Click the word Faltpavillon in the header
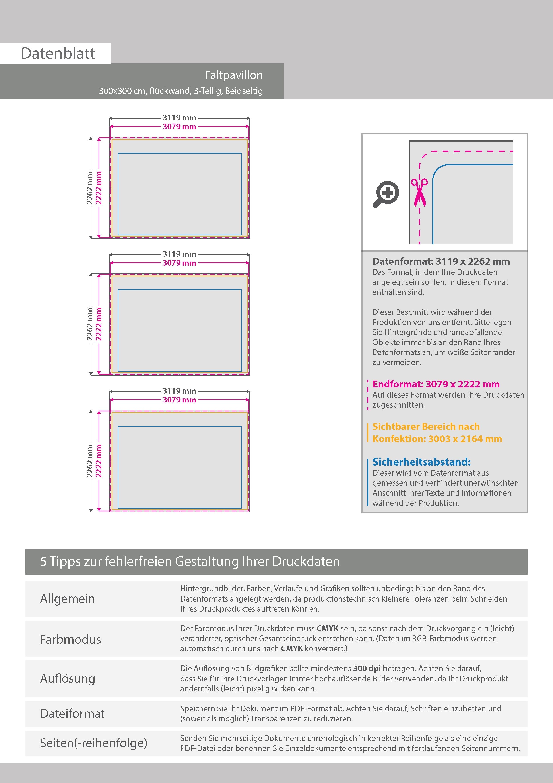pyautogui.click(x=234, y=75)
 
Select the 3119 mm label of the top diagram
pyautogui.click(x=179, y=118)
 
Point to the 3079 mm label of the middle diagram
pyautogui.click(x=179, y=263)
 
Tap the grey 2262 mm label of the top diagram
pyautogui.click(x=90, y=188)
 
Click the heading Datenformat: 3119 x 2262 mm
pyautogui.click(x=441, y=262)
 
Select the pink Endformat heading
pyautogui.click(x=436, y=384)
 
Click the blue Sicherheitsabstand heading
pyautogui.click(x=421, y=462)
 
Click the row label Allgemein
pyautogui.click(x=68, y=599)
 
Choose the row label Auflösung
pyautogui.click(x=68, y=679)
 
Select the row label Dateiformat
pyautogui.click(x=72, y=713)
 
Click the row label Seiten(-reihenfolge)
pyautogui.click(x=94, y=743)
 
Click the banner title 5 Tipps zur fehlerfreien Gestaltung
pyautogui.click(x=190, y=561)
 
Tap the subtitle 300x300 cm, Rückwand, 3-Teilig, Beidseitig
pyautogui.click(x=181, y=91)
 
